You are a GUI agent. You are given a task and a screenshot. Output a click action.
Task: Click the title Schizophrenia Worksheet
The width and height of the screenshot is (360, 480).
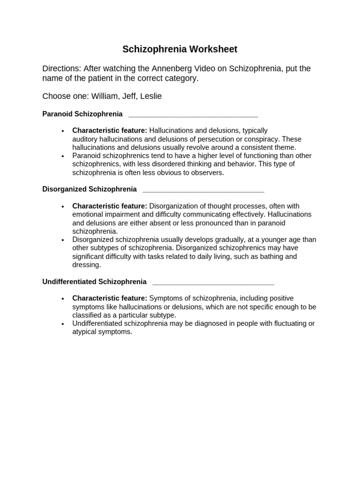click(x=180, y=49)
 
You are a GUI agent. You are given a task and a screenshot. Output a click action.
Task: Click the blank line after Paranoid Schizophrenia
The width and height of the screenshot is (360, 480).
click(x=193, y=115)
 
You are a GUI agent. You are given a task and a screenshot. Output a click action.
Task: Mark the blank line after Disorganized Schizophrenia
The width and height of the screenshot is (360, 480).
click(x=203, y=190)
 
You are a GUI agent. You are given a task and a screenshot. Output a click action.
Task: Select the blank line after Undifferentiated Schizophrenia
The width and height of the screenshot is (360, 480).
click(x=213, y=283)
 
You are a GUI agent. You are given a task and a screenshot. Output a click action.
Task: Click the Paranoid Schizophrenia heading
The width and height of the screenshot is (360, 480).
click(x=82, y=114)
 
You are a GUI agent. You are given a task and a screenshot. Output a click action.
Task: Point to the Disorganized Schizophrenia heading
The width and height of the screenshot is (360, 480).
click(x=90, y=189)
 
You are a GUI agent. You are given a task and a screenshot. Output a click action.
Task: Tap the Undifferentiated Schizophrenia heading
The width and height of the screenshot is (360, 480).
click(x=94, y=282)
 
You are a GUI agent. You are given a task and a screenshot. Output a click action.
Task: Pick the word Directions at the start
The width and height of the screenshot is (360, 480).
click(x=61, y=68)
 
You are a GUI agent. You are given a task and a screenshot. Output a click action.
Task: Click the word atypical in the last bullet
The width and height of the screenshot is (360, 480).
click(x=85, y=332)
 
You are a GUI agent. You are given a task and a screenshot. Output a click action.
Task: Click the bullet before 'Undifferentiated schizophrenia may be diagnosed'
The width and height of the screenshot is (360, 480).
click(x=62, y=324)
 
